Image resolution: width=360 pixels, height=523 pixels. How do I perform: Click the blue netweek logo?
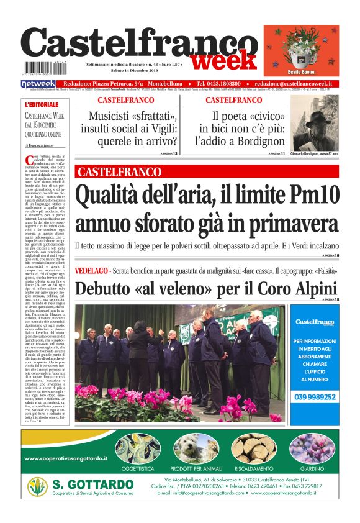(38, 83)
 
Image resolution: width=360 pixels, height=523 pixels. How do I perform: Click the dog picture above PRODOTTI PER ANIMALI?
(194, 448)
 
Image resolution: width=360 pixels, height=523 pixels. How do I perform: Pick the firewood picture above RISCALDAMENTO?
(253, 448)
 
